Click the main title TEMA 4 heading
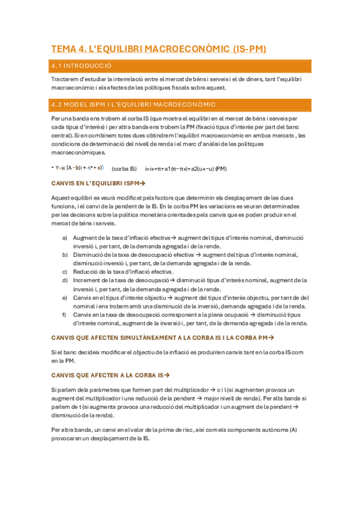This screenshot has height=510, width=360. (x=159, y=49)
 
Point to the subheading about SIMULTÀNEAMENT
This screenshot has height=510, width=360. (x=162, y=337)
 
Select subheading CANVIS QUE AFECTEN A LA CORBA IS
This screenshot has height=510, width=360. (x=108, y=375)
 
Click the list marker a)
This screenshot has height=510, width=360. (x=65, y=238)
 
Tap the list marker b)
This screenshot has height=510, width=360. (x=65, y=255)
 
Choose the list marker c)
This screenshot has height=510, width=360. (x=65, y=272)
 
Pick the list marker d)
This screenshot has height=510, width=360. (x=65, y=280)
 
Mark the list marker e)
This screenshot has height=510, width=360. (x=65, y=297)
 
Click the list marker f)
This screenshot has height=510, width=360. (x=65, y=315)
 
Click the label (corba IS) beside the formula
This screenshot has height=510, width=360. (x=124, y=168)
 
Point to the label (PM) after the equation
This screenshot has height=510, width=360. (x=221, y=168)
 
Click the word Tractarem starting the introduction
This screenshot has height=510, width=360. (x=65, y=79)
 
